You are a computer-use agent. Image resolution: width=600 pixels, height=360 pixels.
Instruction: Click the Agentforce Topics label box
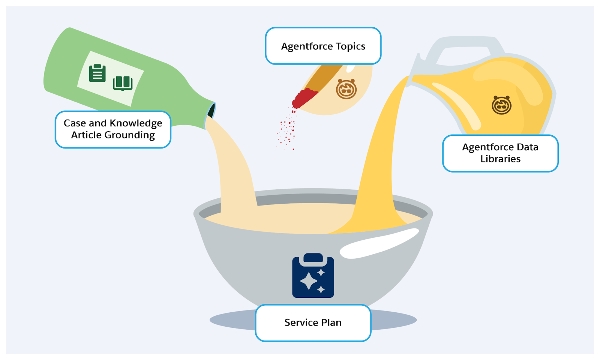323,46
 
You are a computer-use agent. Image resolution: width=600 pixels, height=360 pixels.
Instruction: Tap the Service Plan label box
313,322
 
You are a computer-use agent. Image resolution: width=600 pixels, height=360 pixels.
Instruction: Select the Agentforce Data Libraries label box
500,153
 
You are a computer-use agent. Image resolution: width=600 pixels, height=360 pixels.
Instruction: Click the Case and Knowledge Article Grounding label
113,129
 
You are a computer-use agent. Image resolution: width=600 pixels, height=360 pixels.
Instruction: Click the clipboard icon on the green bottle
97,73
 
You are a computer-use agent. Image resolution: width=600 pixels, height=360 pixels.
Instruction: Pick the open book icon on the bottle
123,83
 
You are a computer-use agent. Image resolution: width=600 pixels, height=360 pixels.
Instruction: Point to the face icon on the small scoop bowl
346,89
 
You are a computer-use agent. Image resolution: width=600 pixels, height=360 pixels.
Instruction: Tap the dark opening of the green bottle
212,111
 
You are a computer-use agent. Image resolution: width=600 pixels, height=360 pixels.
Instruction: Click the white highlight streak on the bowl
379,244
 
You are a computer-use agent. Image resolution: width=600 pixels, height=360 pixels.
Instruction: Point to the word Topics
350,46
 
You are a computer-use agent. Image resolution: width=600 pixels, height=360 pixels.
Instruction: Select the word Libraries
500,159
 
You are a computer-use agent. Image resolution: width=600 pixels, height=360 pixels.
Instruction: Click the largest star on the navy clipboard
309,281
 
